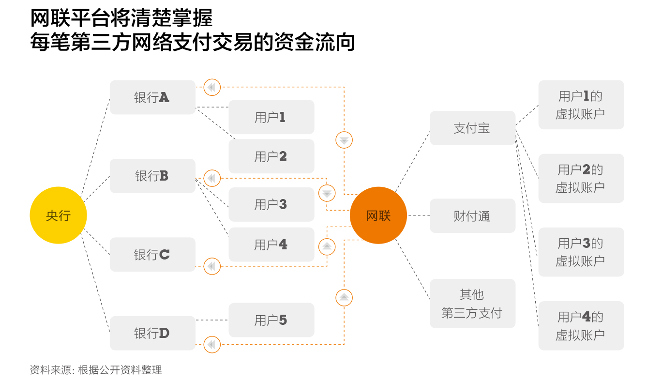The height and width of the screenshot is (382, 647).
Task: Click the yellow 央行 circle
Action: (58, 215)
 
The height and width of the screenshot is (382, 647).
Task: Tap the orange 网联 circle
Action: (378, 215)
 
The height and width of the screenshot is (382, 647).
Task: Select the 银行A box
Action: (152, 97)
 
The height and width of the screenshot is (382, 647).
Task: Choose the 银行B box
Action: (152, 176)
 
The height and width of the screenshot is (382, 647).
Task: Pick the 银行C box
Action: (152, 255)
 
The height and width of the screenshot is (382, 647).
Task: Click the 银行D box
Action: (152, 333)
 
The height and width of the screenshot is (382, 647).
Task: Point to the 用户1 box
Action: (271, 117)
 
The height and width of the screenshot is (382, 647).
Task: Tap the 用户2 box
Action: (271, 156)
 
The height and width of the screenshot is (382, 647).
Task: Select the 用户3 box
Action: (271, 204)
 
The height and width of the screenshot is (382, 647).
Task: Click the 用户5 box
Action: (271, 320)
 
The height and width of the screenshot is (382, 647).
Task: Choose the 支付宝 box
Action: (472, 128)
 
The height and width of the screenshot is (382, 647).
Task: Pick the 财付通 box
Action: (472, 216)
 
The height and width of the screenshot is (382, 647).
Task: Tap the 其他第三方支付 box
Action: (472, 304)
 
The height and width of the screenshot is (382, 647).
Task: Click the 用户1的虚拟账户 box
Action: (581, 105)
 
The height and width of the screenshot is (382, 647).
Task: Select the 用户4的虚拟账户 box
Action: (581, 325)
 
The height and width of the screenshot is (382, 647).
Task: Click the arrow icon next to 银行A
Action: (212, 88)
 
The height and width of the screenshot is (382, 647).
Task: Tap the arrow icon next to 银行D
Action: (212, 345)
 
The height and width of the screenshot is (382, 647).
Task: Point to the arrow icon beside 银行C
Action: (212, 266)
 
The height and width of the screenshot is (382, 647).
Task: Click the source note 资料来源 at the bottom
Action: (96, 370)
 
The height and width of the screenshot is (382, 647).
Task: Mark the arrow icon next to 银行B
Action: (212, 178)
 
